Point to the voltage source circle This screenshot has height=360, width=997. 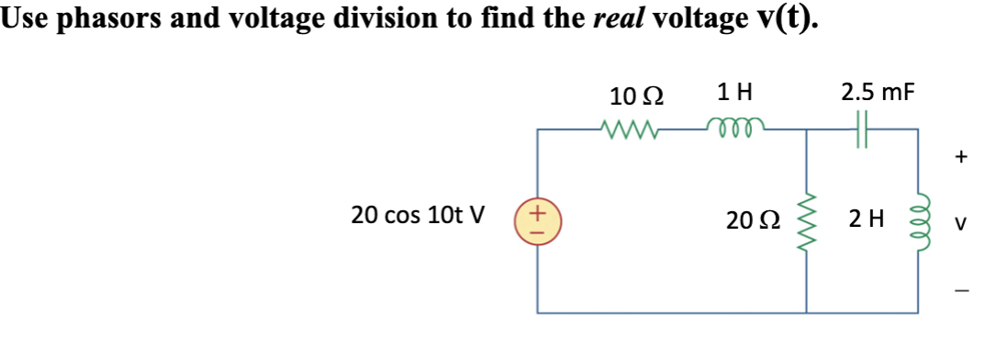tap(538, 221)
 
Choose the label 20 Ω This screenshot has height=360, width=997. tap(747, 220)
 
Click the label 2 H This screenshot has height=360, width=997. tap(868, 220)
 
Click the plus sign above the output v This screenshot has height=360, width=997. tap(960, 157)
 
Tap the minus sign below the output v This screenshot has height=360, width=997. tap(960, 291)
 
